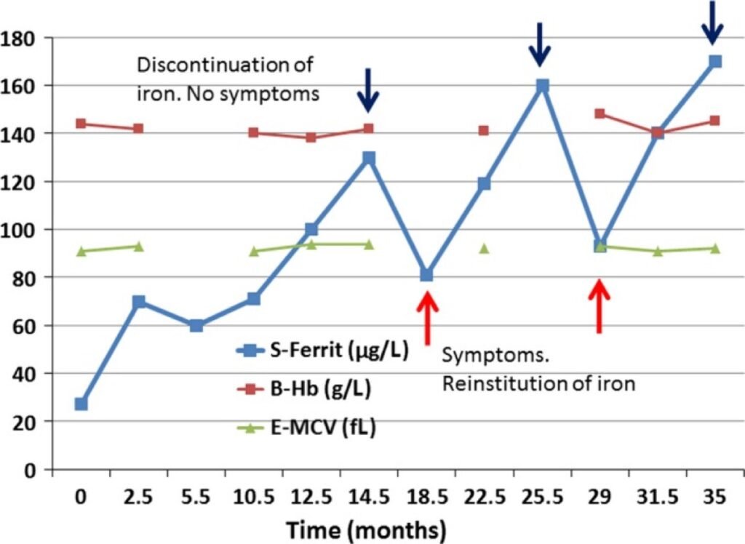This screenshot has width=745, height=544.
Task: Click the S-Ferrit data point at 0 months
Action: [x=81, y=404]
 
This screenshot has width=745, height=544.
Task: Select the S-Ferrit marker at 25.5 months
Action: [x=541, y=85]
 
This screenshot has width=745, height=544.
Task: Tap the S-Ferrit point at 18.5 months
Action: [x=426, y=275]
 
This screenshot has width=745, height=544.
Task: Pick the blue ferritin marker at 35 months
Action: [x=714, y=62]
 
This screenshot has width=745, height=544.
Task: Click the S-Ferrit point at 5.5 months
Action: [x=196, y=325]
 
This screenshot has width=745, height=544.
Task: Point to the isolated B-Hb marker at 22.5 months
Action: [x=484, y=131]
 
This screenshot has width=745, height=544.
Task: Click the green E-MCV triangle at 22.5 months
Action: [x=484, y=248]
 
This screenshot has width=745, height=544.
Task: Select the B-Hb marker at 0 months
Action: [x=81, y=124]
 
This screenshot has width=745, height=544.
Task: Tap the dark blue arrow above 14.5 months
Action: [x=369, y=90]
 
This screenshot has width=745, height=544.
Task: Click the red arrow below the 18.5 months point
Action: [x=427, y=317]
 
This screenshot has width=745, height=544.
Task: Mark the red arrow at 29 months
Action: [x=599, y=305]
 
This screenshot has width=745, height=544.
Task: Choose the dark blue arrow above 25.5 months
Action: [x=540, y=44]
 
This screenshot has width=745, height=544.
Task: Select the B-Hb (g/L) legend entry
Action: [x=306, y=390]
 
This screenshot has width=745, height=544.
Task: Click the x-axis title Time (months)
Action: [x=365, y=529]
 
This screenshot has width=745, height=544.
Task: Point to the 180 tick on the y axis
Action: [x=20, y=37]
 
